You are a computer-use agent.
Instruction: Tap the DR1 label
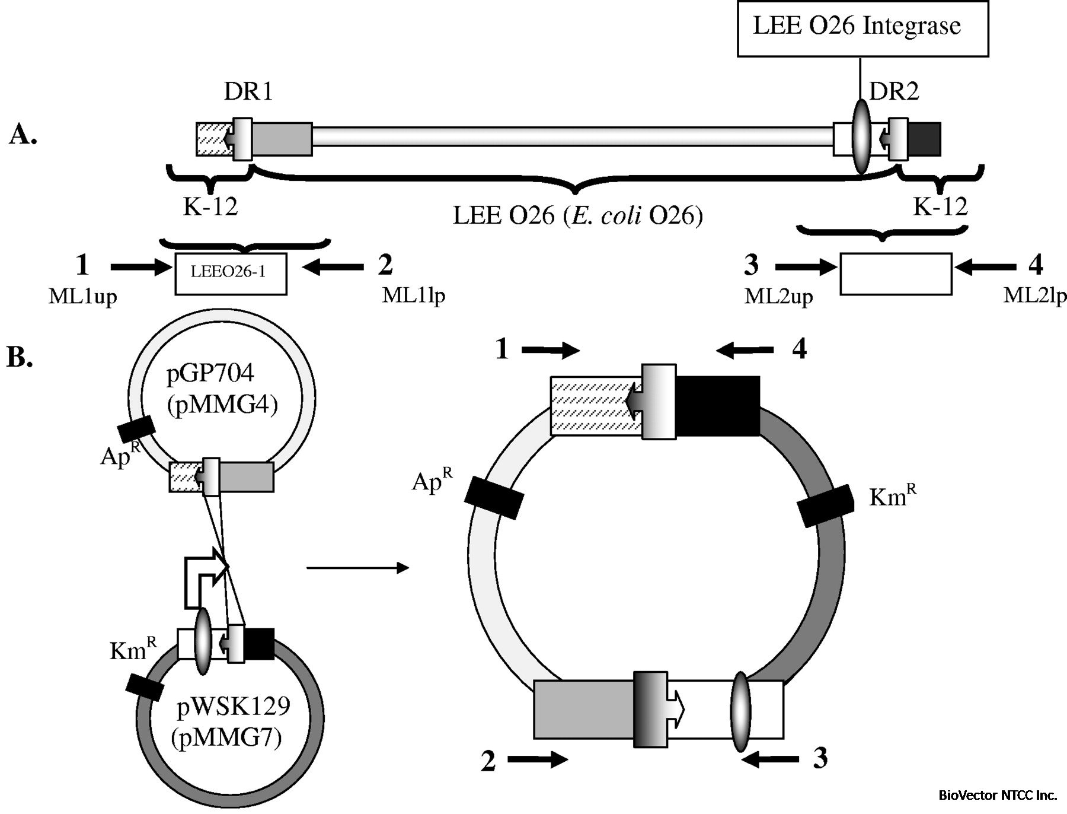pyautogui.click(x=248, y=92)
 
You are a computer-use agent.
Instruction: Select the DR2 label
pyautogui.click(x=894, y=92)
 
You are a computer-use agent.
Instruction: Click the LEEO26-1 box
pyautogui.click(x=231, y=274)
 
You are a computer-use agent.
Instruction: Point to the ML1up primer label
pyautogui.click(x=82, y=296)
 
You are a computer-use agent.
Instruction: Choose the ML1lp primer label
pyautogui.click(x=413, y=295)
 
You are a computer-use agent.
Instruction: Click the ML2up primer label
pyautogui.click(x=778, y=296)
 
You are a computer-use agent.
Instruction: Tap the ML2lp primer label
pyautogui.click(x=1034, y=295)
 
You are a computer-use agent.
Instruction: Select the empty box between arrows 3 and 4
pyautogui.click(x=896, y=274)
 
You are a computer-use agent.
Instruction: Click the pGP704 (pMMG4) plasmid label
pyautogui.click(x=222, y=389)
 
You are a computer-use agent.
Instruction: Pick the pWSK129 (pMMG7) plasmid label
pyautogui.click(x=233, y=721)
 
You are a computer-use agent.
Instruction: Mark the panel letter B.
pyautogui.click(x=20, y=358)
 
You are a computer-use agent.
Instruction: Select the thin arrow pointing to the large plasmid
pyautogui.click(x=357, y=568)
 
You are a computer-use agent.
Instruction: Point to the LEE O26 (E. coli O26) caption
pyautogui.click(x=577, y=215)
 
